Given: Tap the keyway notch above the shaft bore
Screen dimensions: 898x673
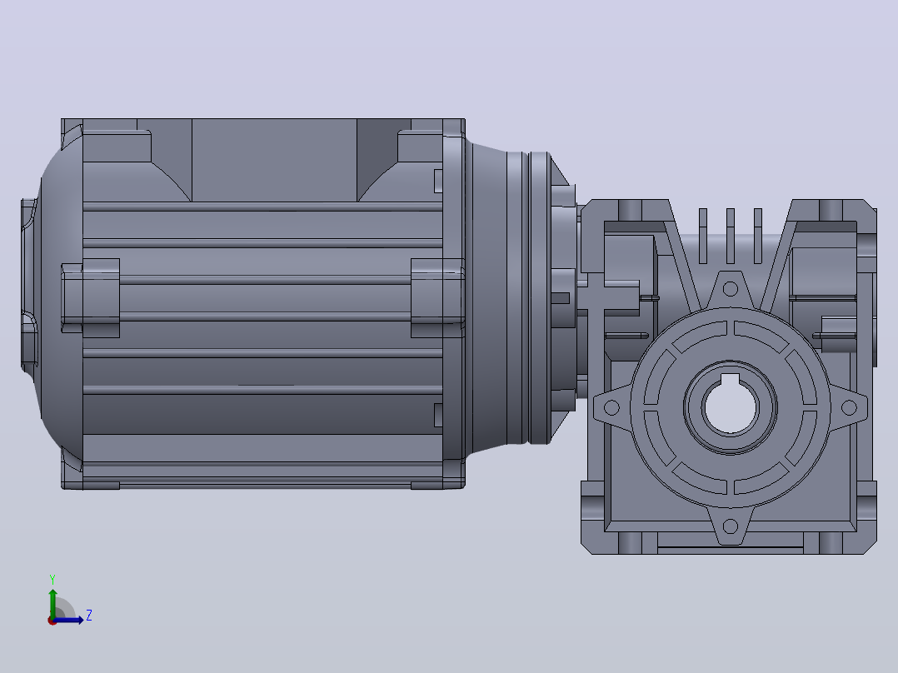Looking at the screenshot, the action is click(731, 379).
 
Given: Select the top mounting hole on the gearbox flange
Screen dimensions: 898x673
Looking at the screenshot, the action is click(731, 289).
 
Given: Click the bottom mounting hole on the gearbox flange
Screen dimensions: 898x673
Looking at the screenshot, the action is click(731, 526).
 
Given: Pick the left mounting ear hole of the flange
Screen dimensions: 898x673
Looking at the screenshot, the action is click(611, 407).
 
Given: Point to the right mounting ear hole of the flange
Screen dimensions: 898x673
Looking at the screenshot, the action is click(849, 407).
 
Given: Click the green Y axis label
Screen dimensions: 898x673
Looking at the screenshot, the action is click(52, 579).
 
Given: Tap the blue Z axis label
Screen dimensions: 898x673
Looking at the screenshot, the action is click(89, 616).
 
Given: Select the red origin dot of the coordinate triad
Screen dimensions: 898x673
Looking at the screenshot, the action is click(52, 621).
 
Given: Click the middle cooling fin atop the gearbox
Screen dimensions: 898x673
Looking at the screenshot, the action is click(731, 236).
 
